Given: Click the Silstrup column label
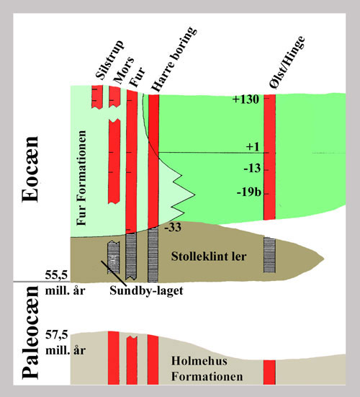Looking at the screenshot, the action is click(110, 60).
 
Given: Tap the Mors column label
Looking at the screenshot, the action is click(124, 70).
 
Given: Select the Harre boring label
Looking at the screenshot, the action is click(174, 59).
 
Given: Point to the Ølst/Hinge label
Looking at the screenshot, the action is click(287, 63).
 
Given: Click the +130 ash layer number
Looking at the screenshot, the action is click(246, 99).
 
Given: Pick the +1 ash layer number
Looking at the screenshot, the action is click(253, 147).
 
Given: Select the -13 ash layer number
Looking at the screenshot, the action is click(252, 168).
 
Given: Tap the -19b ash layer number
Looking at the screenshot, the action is click(248, 192).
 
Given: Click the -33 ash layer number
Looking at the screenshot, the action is click(173, 228).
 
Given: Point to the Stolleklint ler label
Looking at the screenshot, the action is click(209, 257).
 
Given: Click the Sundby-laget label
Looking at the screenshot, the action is click(146, 290).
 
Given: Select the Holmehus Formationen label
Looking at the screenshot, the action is click(207, 369).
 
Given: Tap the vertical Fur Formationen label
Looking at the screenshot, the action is click(81, 178).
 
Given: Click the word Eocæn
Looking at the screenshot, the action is click(30, 169).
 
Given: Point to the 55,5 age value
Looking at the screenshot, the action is click(57, 275).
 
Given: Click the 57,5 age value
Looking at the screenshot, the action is click(57, 335).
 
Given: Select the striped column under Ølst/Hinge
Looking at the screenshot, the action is click(269, 255).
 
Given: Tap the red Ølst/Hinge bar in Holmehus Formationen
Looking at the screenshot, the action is click(269, 373).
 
